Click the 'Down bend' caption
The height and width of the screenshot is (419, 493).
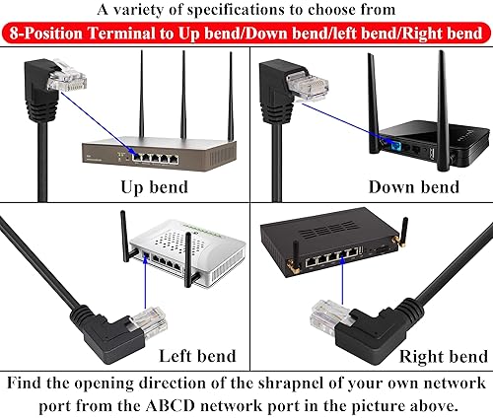tap(413, 187)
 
